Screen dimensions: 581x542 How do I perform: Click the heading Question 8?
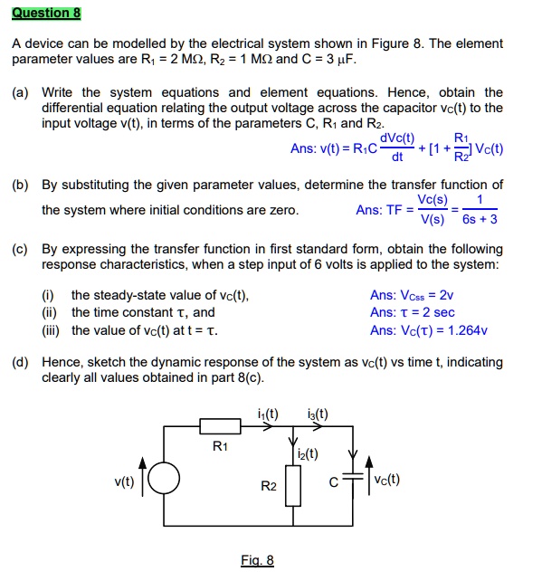(46, 13)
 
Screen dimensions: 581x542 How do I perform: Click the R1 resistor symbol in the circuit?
(220, 424)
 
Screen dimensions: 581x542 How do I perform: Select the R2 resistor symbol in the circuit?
(291, 486)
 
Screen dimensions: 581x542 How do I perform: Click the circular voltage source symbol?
(164, 480)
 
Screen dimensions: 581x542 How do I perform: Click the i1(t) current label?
(267, 414)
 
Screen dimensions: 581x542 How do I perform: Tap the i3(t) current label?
(318, 414)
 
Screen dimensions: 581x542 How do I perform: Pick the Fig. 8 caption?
(257, 560)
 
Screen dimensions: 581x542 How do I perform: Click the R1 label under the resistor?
(220, 445)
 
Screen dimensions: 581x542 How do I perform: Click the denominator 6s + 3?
(479, 219)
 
